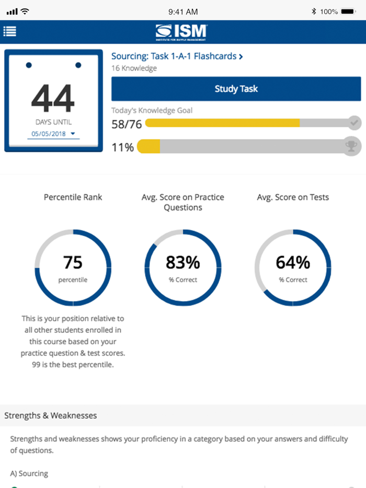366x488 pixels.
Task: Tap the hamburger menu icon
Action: pyautogui.click(x=10, y=31)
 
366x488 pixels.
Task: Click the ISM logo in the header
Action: pyautogui.click(x=182, y=32)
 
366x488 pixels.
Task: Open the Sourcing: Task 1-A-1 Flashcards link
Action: pyautogui.click(x=177, y=56)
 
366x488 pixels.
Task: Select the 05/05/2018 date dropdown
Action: pyautogui.click(x=53, y=134)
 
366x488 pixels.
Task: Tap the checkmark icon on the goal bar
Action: pyautogui.click(x=354, y=123)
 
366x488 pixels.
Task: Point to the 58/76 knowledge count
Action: pyautogui.click(x=127, y=124)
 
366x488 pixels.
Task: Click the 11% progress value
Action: pyautogui.click(x=122, y=148)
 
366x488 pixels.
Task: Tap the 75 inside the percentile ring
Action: pyautogui.click(x=73, y=262)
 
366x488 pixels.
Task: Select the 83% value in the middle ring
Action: pyautogui.click(x=183, y=262)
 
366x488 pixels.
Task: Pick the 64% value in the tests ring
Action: pyautogui.click(x=293, y=262)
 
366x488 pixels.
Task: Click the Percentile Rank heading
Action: pyautogui.click(x=73, y=197)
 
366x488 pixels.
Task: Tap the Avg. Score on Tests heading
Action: pyautogui.click(x=293, y=197)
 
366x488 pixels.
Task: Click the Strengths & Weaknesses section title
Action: pyautogui.click(x=51, y=416)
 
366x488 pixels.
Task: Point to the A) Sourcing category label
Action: pyautogui.click(x=29, y=473)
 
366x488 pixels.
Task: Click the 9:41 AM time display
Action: pyautogui.click(x=183, y=11)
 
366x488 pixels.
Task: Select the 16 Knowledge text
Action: pyautogui.click(x=134, y=68)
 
